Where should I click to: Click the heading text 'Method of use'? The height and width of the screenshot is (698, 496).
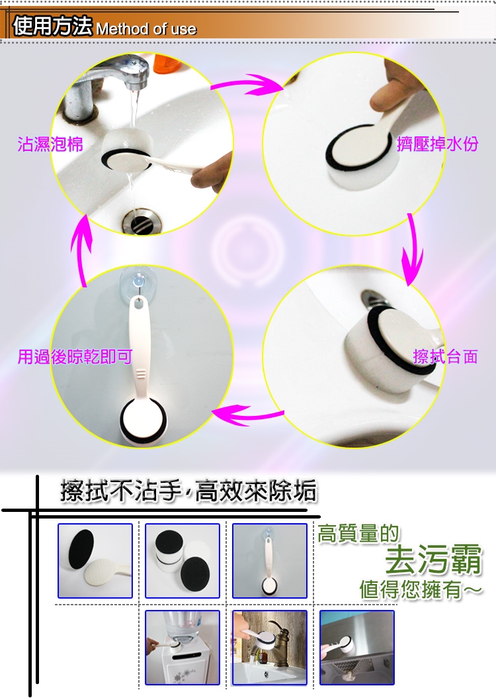tap(146, 29)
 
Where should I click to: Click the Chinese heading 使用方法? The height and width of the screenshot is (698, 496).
tap(52, 25)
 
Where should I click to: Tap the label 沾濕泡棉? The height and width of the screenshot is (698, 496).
tap(50, 144)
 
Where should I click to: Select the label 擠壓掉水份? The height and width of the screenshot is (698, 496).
tap(437, 144)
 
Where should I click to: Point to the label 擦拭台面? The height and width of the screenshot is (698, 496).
tap(445, 356)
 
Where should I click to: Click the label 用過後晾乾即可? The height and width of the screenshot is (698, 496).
tap(75, 356)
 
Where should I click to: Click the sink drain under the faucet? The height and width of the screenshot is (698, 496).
tap(142, 221)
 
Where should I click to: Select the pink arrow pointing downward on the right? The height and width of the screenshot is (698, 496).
tap(413, 249)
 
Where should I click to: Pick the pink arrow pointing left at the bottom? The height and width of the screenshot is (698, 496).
tap(248, 415)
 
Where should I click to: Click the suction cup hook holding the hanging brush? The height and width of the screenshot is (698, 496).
tap(138, 280)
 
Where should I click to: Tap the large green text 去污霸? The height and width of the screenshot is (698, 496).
tap(433, 559)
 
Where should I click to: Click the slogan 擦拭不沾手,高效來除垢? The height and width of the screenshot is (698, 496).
tap(188, 491)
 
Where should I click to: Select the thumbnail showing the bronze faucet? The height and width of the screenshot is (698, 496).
tap(270, 647)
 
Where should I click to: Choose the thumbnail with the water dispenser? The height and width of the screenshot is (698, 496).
tap(183, 647)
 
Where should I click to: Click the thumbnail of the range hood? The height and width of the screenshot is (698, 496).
tap(357, 647)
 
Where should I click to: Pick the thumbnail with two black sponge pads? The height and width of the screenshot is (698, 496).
tap(183, 560)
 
